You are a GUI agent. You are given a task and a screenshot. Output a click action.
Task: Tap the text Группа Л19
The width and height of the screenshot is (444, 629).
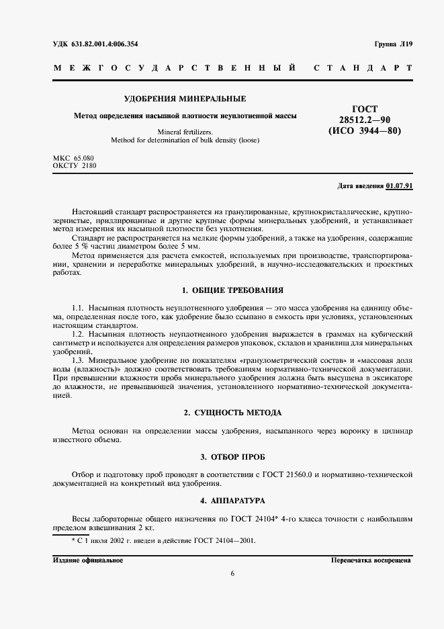[393, 44]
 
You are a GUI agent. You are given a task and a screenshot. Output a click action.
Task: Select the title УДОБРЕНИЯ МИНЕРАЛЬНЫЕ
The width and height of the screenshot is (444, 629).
[165, 99]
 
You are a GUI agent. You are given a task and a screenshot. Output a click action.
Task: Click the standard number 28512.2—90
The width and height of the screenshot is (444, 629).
[365, 119]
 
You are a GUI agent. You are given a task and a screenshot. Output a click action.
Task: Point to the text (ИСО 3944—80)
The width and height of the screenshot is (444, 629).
[365, 130]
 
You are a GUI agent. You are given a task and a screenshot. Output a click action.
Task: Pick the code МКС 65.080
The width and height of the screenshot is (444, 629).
[71, 157]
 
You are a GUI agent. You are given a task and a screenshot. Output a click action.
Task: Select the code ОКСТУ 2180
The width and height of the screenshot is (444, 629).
[71, 165]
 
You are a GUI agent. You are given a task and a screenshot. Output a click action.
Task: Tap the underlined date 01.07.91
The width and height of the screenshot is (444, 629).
[400, 186]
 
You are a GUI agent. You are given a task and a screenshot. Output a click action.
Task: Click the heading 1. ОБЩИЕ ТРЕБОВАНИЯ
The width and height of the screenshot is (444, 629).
[232, 290]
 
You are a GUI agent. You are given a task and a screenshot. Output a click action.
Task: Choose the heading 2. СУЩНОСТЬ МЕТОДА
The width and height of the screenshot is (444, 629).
[232, 412]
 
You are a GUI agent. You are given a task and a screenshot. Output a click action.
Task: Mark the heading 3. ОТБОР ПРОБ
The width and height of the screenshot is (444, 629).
[232, 457]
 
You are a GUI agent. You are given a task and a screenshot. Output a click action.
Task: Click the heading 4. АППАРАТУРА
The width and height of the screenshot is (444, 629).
[232, 501]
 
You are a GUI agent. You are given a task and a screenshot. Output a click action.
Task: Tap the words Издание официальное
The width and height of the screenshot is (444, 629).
[87, 560]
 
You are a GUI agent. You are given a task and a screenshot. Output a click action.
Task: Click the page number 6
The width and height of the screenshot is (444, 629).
[232, 573]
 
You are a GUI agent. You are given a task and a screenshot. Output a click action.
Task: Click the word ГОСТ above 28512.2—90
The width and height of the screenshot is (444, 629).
[365, 108]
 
